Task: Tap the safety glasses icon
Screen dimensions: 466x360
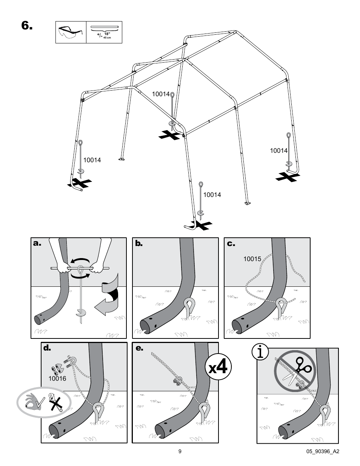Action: click(72, 32)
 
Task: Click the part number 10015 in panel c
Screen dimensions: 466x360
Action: click(252, 259)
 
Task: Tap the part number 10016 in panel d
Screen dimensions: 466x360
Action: click(57, 378)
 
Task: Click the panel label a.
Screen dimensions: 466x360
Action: click(37, 244)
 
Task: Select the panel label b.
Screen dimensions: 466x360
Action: click(139, 244)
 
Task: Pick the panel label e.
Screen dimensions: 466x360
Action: click(139, 348)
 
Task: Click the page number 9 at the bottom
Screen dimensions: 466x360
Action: click(180, 451)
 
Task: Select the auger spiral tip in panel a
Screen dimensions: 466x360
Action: click(81, 313)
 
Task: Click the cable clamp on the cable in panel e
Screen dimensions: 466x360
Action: click(178, 382)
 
